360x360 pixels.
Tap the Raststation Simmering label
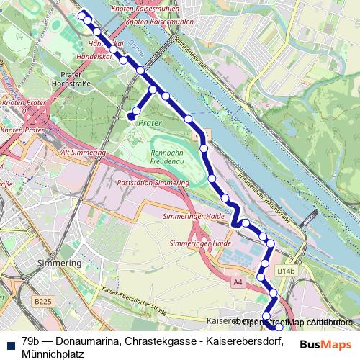click(x=153, y=184)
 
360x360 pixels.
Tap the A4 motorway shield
click(x=238, y=283)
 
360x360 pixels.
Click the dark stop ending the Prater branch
click(x=131, y=115)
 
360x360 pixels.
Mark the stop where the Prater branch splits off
click(x=153, y=90)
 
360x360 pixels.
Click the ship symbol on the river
click(x=310, y=215)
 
